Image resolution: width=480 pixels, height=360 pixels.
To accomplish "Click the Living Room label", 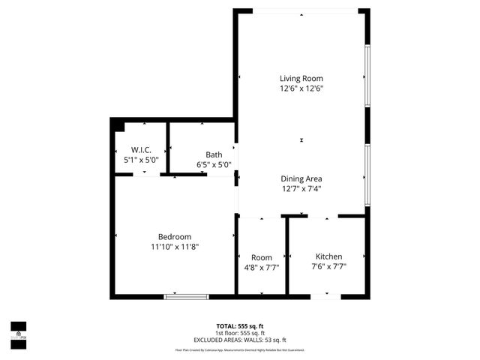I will click(301, 79).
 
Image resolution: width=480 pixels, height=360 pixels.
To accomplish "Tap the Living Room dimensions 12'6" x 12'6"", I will click(301, 88).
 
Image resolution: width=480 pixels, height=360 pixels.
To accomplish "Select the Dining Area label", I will click(301, 178).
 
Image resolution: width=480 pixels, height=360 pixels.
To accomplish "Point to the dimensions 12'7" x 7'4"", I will click(301, 188).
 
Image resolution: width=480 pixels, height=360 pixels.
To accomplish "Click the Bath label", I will click(214, 155).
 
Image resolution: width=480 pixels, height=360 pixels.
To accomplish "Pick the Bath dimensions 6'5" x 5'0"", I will click(214, 165).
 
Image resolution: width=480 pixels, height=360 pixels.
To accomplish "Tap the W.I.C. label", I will click(142, 150).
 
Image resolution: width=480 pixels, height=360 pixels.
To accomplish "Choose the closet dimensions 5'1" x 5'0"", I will click(142, 160).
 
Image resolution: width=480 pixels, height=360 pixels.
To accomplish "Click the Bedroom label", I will click(175, 236).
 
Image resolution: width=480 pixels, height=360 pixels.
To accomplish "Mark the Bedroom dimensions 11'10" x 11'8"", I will click(175, 246).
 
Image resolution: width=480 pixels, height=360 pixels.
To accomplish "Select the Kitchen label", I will click(329, 256).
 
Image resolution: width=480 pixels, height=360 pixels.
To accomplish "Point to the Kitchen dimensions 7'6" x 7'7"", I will click(329, 266).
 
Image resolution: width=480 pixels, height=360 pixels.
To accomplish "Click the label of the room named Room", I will click(262, 257).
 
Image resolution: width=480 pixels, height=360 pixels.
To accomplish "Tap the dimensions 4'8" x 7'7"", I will click(262, 267).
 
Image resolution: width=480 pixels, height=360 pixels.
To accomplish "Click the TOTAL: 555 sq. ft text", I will click(240, 326).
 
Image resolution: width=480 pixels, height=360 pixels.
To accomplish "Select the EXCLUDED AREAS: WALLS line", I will click(240, 340).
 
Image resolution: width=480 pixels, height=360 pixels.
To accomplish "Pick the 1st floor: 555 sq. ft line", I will click(240, 333).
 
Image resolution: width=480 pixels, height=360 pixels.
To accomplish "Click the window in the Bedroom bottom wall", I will click(187, 296).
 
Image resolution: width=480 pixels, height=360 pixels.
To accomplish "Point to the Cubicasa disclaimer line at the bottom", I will click(240, 350).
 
